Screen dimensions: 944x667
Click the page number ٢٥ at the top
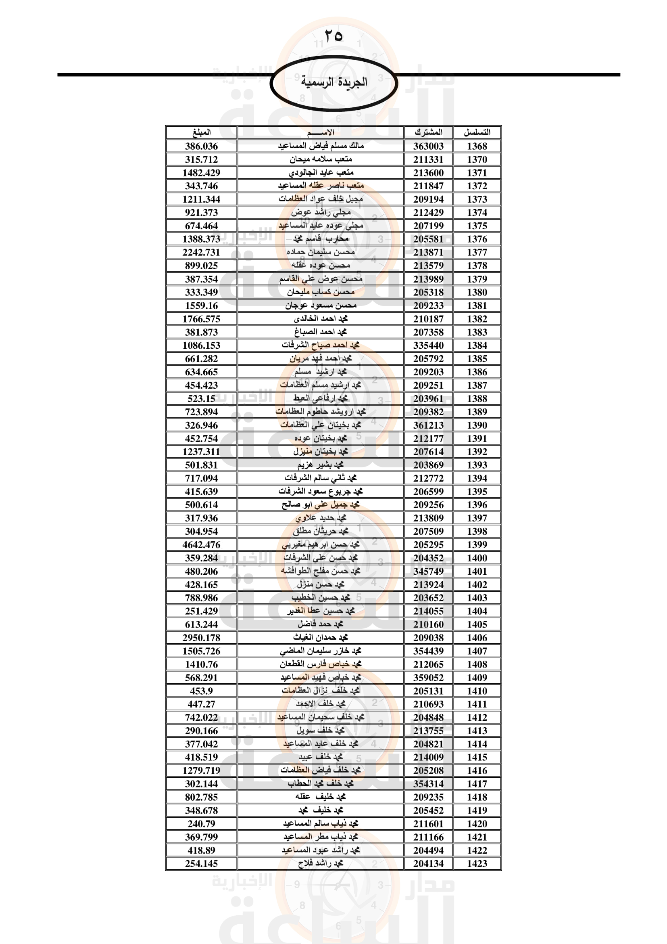pos(333,36)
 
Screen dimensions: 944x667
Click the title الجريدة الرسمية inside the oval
pos(334,82)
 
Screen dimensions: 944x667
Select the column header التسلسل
pos(477,132)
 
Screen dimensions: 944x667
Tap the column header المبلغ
pos(201,132)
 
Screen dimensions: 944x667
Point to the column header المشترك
pos(428,132)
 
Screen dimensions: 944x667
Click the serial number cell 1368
pos(477,146)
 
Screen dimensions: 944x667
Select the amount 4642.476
pos(201,545)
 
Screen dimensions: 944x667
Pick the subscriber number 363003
pos(428,146)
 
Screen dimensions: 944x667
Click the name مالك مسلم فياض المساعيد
pos(321,146)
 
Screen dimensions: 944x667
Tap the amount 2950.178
pos(201,638)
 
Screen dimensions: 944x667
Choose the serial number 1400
pos(477,558)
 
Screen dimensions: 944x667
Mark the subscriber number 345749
pos(428,571)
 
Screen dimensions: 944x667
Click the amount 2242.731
pos(201,252)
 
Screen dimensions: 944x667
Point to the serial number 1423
pos(477,863)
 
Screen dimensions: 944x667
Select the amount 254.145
pos(201,863)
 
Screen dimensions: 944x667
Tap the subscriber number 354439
pos(428,651)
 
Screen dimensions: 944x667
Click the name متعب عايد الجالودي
pos(321,173)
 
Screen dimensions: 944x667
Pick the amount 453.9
pos(201,691)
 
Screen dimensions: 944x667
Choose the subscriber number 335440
pos(428,345)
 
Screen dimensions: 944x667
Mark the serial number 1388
pos(477,398)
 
